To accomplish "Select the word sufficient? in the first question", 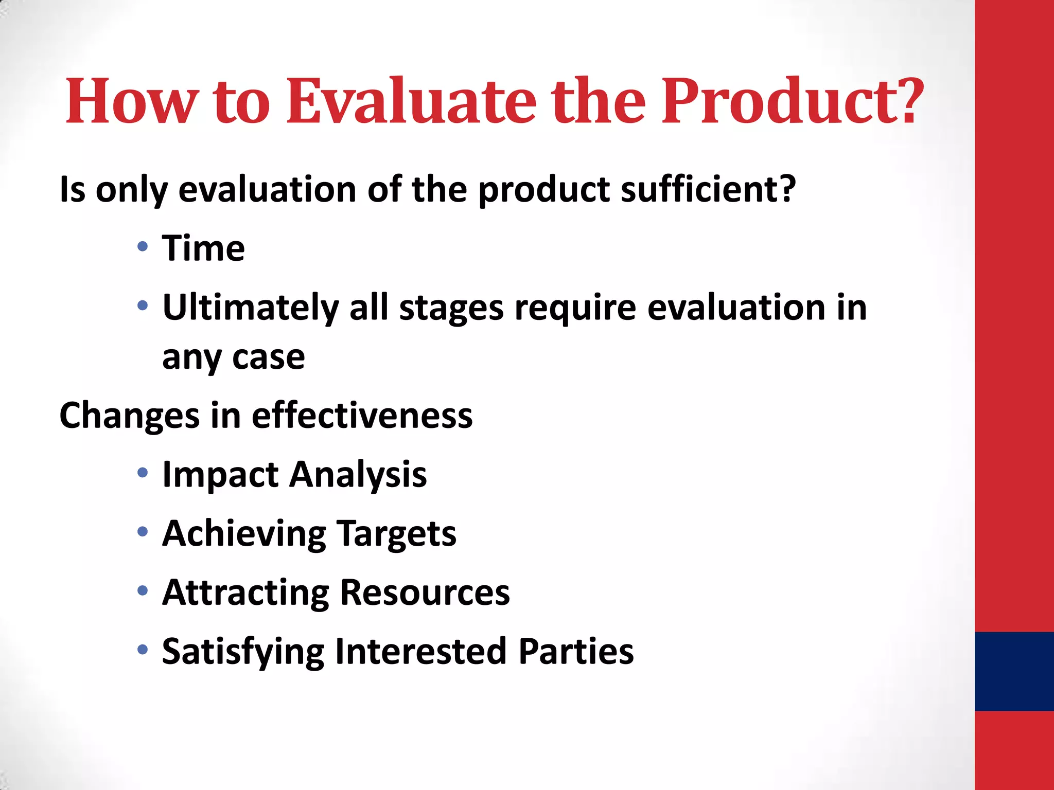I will point(708,189).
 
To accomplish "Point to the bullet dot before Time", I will point(143,246).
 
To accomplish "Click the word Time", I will point(203,248).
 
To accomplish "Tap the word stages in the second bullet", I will point(451,308).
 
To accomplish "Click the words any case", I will point(233,357).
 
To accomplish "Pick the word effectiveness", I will point(362,416).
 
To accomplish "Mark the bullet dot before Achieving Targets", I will point(143,531).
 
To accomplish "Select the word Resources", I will point(425,592).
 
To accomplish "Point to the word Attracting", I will point(245,592).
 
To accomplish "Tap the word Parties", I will point(576,651).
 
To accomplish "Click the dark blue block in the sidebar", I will point(1014,671).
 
